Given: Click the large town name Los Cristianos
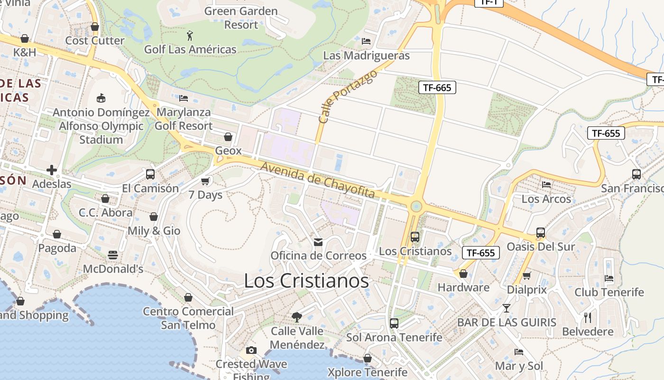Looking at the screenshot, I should click(306, 281).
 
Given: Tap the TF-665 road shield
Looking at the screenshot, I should click(437, 87).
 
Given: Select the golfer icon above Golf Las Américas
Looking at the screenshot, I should click(190, 35).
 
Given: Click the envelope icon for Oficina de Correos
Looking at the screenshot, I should click(318, 242).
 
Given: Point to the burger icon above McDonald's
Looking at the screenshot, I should click(112, 256).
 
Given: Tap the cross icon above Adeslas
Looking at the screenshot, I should click(52, 170).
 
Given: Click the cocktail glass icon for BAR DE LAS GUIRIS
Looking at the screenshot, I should click(507, 308).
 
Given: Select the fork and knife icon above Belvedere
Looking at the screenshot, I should click(588, 317).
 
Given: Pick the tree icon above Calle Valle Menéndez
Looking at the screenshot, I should click(297, 317).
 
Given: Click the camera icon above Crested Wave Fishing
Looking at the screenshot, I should click(251, 351).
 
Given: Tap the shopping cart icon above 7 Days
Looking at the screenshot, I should click(205, 181).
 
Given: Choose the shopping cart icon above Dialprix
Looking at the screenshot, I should click(526, 275).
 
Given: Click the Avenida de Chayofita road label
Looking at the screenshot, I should click(317, 180).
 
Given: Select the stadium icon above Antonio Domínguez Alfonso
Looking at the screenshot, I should click(101, 98).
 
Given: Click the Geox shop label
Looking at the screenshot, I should click(228, 151).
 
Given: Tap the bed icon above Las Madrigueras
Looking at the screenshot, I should click(366, 41).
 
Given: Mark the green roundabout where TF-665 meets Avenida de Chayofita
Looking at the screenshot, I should click(416, 206).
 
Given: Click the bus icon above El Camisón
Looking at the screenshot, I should click(150, 174).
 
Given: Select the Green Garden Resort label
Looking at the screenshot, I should click(241, 18).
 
